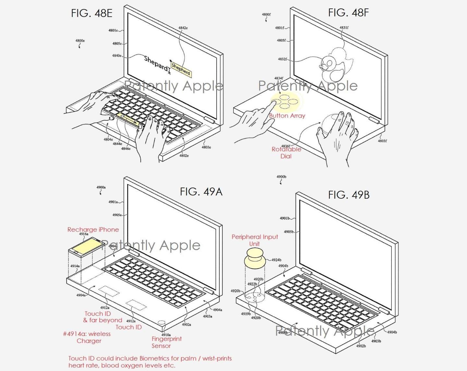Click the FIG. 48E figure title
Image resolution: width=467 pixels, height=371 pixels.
(92, 13)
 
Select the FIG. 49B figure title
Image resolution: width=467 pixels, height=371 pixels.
(349, 195)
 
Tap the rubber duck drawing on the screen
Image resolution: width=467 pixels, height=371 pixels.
(332, 66)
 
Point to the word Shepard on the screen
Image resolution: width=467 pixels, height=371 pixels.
(156, 63)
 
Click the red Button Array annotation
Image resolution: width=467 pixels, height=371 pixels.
(287, 116)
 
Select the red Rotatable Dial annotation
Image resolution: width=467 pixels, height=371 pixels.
(286, 153)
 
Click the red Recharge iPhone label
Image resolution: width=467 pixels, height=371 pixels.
(93, 229)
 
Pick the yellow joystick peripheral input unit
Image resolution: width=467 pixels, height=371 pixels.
(255, 258)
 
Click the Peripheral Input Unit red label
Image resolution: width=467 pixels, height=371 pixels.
(255, 240)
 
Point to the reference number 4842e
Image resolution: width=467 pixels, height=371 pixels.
(183, 28)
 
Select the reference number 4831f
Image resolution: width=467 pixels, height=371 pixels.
(344, 28)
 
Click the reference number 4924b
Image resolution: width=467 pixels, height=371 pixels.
(276, 260)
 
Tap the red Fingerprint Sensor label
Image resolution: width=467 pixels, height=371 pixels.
(166, 342)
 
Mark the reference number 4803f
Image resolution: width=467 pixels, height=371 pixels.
(382, 141)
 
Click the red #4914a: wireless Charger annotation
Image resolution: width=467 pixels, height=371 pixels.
(87, 337)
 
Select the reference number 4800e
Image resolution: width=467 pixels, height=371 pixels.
(80, 41)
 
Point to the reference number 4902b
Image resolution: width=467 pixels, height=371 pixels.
(361, 346)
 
